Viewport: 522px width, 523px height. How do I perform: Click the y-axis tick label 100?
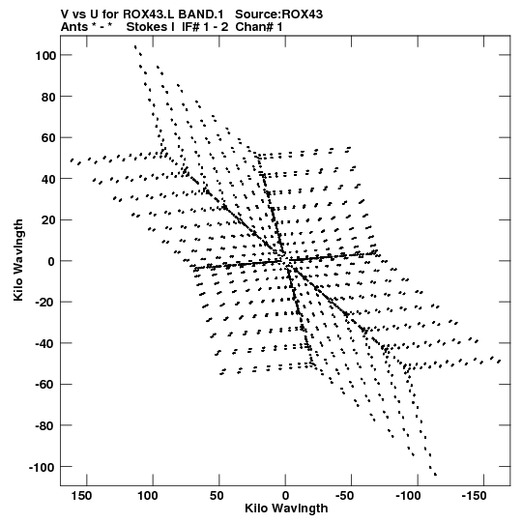pos(45,55)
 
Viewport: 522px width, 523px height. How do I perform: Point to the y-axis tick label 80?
pos(48,97)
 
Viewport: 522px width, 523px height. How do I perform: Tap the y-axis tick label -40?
pos(45,343)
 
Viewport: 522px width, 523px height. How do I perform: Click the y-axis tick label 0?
pos(51,261)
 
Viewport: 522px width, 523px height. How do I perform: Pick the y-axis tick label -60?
pos(45,385)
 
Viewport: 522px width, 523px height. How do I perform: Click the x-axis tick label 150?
pos(81,496)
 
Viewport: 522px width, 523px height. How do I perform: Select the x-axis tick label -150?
pos(474,496)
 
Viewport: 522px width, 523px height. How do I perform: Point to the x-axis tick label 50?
pos(217,496)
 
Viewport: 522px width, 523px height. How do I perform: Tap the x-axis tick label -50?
pos(344,496)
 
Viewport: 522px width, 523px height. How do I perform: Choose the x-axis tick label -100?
pos(408,496)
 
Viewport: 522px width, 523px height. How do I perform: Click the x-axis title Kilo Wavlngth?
pos(286,508)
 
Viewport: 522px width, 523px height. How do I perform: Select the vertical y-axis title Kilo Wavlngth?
pos(18,260)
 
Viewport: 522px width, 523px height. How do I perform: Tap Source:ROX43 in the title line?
pos(278,15)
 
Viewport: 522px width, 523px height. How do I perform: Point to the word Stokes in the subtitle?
pos(148,27)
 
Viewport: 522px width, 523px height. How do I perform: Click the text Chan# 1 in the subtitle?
pos(259,27)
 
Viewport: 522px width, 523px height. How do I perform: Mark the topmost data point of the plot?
pos(135,46)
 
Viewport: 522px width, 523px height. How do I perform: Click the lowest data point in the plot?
pos(435,475)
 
